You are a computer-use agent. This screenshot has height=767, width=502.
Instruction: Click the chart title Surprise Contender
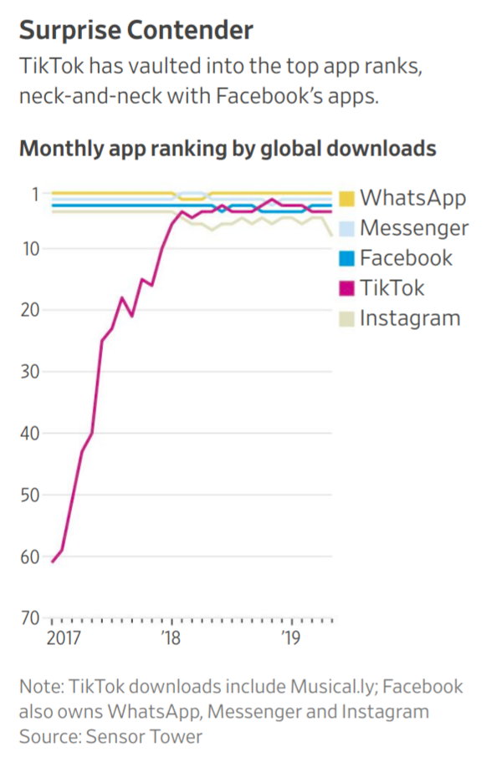tap(136, 31)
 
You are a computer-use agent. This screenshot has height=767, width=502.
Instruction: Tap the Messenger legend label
tap(414, 228)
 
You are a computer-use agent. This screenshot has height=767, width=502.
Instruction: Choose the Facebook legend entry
tap(406, 258)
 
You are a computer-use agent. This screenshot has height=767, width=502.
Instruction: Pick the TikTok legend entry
tap(392, 288)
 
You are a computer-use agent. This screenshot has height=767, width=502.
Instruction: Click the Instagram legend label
tap(410, 318)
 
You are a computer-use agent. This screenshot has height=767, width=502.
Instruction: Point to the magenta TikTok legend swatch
tap(347, 289)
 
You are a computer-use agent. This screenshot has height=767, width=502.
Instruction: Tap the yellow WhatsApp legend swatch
tap(347, 199)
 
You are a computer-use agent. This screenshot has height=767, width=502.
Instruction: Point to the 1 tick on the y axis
tap(35, 194)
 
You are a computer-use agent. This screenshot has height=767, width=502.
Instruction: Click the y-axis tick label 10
tap(30, 248)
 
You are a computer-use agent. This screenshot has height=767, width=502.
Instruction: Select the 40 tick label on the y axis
tap(30, 434)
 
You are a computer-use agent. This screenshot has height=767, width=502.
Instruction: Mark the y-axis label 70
tap(30, 618)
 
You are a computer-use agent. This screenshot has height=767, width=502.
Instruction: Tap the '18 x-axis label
tap(171, 639)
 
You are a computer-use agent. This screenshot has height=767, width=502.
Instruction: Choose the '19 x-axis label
tap(291, 639)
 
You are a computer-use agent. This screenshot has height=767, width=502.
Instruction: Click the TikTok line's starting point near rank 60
tap(52, 561)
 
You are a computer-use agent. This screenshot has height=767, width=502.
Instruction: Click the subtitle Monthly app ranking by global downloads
tap(228, 149)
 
